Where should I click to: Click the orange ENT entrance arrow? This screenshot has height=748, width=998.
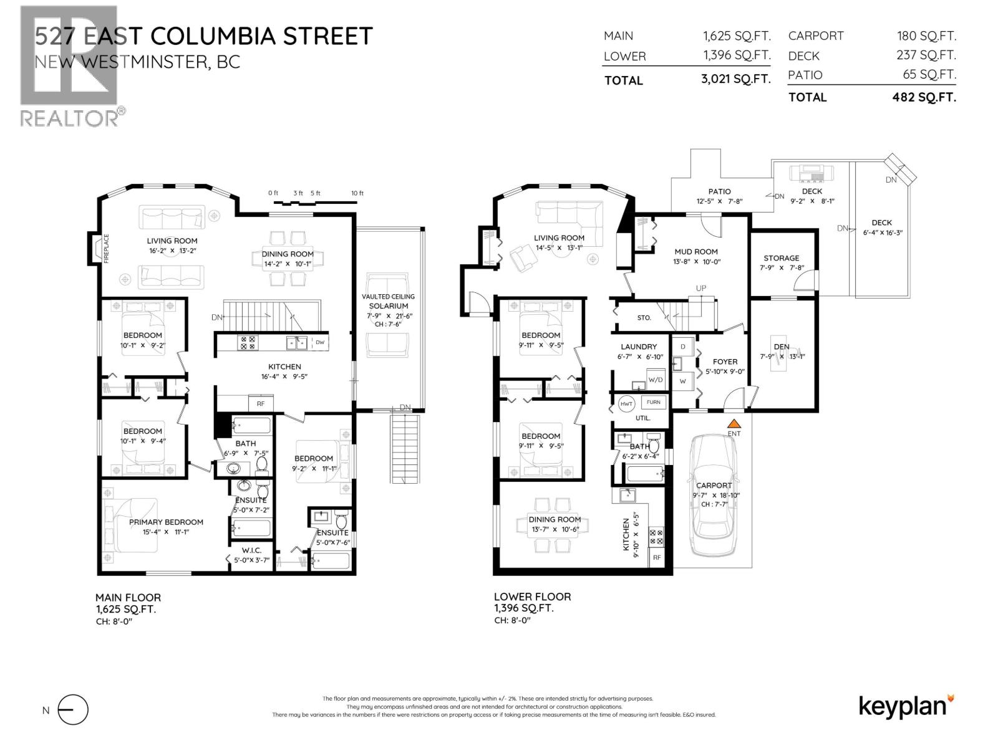click(x=734, y=423)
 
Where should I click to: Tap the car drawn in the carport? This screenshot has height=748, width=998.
click(x=714, y=496)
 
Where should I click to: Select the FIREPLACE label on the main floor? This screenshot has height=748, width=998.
click(x=106, y=248)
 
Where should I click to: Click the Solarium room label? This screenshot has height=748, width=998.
click(x=389, y=306)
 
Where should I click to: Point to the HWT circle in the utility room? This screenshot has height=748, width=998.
click(x=626, y=404)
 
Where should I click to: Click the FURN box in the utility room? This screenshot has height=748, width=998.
click(x=653, y=402)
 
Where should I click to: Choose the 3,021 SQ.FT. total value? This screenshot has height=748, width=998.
click(x=735, y=80)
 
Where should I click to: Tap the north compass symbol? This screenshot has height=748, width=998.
click(x=73, y=710)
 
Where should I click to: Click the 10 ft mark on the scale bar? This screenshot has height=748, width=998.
click(x=357, y=193)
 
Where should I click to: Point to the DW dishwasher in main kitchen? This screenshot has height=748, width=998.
click(x=319, y=342)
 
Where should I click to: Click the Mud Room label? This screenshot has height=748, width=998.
click(x=696, y=252)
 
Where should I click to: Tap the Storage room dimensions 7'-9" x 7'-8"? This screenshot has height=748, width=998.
click(x=781, y=268)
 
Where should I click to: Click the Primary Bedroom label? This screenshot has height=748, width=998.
click(x=166, y=522)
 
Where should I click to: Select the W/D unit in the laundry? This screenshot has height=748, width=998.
click(x=656, y=379)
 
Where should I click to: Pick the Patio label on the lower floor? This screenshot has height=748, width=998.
click(x=719, y=191)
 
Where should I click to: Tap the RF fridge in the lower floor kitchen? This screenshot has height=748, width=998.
click(x=657, y=558)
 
